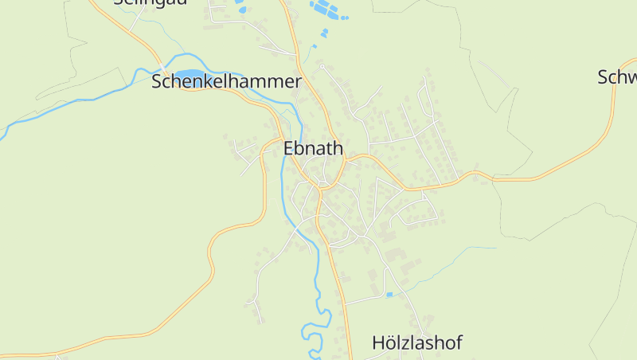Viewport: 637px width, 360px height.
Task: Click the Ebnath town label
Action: tap(313, 148)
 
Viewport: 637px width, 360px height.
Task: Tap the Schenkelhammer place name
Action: tap(226, 81)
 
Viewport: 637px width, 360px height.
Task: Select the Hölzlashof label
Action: tap(416, 343)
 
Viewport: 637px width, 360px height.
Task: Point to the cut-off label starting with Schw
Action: tap(617, 77)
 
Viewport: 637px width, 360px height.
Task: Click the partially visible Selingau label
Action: tap(150, 2)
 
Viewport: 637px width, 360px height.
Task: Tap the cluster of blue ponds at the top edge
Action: tap(328, 10)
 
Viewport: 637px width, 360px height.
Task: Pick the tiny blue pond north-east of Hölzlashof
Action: tap(389, 295)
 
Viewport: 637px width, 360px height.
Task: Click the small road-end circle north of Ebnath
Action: tap(322, 66)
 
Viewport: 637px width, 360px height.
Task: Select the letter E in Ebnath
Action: tap(289, 148)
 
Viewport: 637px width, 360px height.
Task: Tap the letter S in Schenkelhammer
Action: tap(157, 81)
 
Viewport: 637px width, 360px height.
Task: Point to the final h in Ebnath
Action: tap(338, 148)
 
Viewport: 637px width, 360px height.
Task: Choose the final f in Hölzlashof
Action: tap(459, 343)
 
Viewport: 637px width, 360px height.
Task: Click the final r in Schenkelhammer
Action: tap(298, 81)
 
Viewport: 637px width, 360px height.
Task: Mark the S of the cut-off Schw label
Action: tap(603, 77)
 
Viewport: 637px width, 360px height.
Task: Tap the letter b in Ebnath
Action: tap(300, 148)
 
